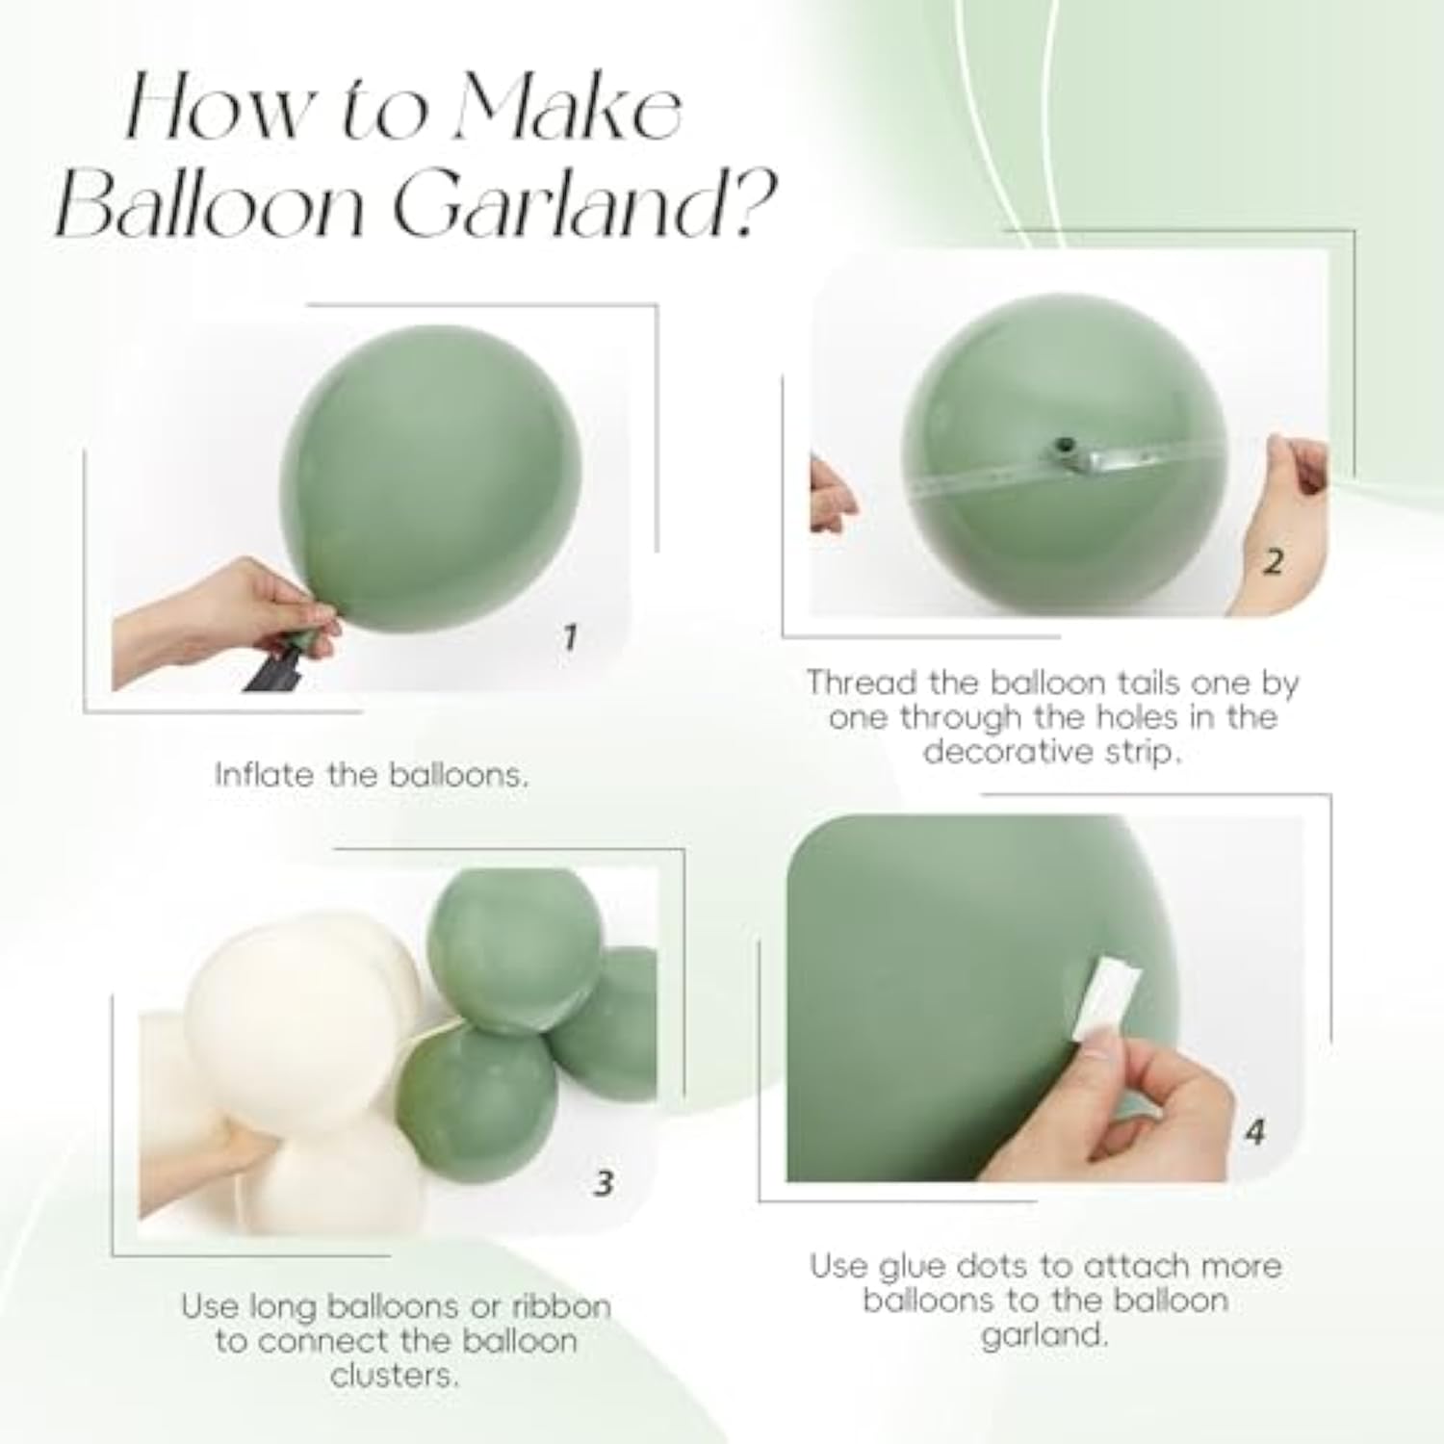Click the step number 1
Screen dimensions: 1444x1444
(x=569, y=636)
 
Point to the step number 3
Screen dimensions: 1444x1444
(x=604, y=1182)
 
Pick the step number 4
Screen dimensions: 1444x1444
(x=1253, y=1131)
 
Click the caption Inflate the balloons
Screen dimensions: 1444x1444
(x=372, y=775)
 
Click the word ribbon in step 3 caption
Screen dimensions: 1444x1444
(x=561, y=1306)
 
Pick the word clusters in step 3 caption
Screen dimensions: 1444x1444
(x=394, y=1375)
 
